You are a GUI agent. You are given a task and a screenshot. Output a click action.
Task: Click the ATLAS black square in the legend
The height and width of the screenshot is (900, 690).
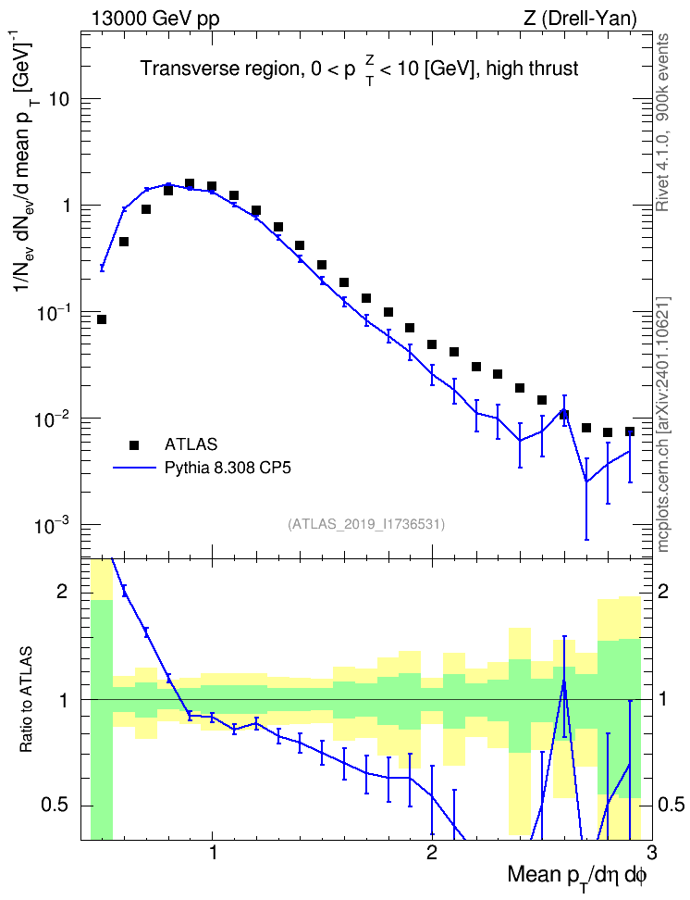click(134, 444)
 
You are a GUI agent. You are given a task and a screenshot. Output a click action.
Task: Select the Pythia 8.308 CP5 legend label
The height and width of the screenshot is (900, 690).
click(228, 469)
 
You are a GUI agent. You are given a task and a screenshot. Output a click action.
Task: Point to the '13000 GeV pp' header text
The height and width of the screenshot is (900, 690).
click(155, 19)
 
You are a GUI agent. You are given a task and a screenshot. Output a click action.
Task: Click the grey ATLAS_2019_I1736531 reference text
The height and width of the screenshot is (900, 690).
click(366, 524)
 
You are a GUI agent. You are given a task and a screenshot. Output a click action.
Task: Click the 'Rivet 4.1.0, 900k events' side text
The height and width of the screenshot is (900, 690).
click(662, 122)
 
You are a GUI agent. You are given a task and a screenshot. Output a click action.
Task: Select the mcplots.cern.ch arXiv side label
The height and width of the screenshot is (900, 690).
click(662, 425)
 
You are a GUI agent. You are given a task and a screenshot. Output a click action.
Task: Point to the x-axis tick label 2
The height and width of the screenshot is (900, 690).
click(431, 853)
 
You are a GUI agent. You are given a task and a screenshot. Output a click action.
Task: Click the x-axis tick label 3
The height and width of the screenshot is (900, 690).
click(650, 853)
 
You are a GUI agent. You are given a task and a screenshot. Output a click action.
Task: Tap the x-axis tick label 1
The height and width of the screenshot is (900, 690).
click(213, 853)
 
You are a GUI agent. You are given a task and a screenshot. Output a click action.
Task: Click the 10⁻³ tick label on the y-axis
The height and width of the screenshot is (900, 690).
click(51, 524)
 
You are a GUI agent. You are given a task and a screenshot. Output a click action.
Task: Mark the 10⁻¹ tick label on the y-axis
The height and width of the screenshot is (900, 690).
click(51, 312)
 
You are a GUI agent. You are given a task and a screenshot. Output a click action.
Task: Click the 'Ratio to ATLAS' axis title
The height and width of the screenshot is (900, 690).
click(27, 700)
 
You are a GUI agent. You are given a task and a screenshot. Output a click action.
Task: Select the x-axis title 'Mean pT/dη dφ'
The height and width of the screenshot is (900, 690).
click(577, 876)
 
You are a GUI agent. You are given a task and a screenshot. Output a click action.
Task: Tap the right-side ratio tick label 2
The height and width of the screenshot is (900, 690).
click(663, 592)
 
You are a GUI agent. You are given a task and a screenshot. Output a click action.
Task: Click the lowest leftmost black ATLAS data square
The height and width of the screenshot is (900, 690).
click(102, 319)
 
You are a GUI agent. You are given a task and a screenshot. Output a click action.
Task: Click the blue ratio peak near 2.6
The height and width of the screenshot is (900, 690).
click(564, 682)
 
